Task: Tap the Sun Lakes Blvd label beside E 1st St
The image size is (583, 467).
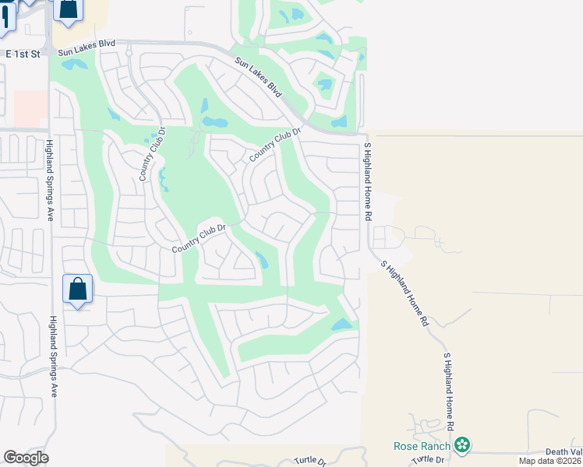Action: pos(87,48)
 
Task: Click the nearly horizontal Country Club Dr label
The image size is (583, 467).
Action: pos(198,237)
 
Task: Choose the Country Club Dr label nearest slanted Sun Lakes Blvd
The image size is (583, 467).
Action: pos(274,145)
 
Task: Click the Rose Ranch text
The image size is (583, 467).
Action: pos(421,446)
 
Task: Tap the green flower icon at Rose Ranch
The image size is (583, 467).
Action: pos(463,445)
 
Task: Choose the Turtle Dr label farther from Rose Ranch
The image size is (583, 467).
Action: pos(309,461)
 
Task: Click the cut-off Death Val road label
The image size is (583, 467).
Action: pos(564,451)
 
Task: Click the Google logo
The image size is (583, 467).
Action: pos(26,458)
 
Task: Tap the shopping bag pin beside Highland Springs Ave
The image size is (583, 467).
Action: pos(77,289)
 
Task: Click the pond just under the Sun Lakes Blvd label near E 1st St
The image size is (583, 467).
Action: pos(76,65)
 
